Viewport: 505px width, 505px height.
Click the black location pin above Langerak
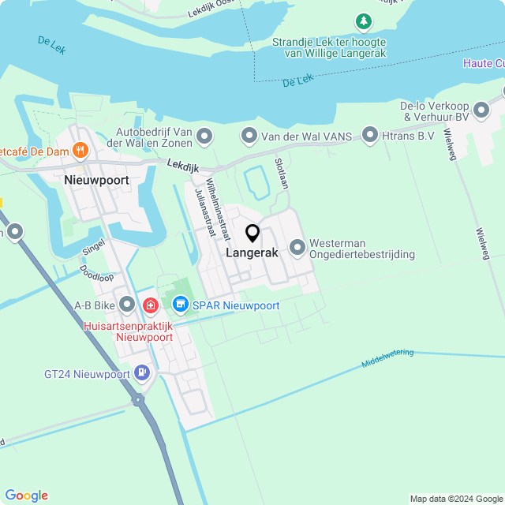252,234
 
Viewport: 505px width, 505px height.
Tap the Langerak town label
252,253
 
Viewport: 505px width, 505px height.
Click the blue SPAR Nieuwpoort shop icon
181,304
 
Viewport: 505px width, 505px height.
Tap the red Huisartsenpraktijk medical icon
151,305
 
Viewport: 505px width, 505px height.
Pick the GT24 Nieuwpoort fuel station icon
142,372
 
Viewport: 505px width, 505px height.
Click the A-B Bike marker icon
127,305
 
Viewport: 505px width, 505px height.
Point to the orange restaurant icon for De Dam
80,149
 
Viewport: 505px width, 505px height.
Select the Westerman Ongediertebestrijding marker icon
297,248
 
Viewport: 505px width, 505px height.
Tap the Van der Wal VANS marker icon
249,137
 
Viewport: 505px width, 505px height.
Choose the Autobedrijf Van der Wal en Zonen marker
205,137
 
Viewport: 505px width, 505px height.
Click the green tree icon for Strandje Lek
363,21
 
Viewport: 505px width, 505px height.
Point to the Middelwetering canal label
387,358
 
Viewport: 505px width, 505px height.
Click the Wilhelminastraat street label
215,208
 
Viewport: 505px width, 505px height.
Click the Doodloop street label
96,272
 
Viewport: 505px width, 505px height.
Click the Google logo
26,495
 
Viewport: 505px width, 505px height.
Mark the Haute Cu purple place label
483,63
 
